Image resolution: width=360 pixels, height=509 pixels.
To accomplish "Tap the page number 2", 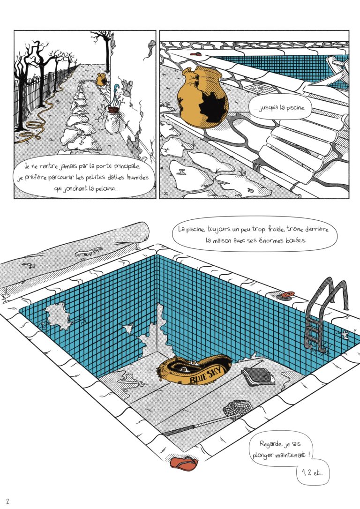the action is click(8, 501).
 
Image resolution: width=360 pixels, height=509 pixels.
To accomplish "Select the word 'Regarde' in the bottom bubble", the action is click(270, 444).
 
